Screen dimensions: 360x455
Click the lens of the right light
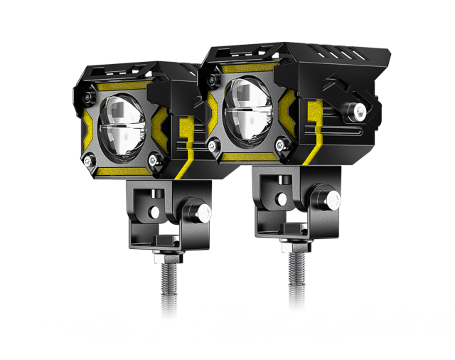click(x=249, y=110)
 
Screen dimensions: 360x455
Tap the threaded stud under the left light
click(x=168, y=290)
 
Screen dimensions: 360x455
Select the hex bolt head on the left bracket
click(x=196, y=213)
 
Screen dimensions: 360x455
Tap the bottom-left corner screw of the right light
click(x=212, y=145)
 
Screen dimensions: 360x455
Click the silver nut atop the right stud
click(x=296, y=238)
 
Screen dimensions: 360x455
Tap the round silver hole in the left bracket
click(x=154, y=211)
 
